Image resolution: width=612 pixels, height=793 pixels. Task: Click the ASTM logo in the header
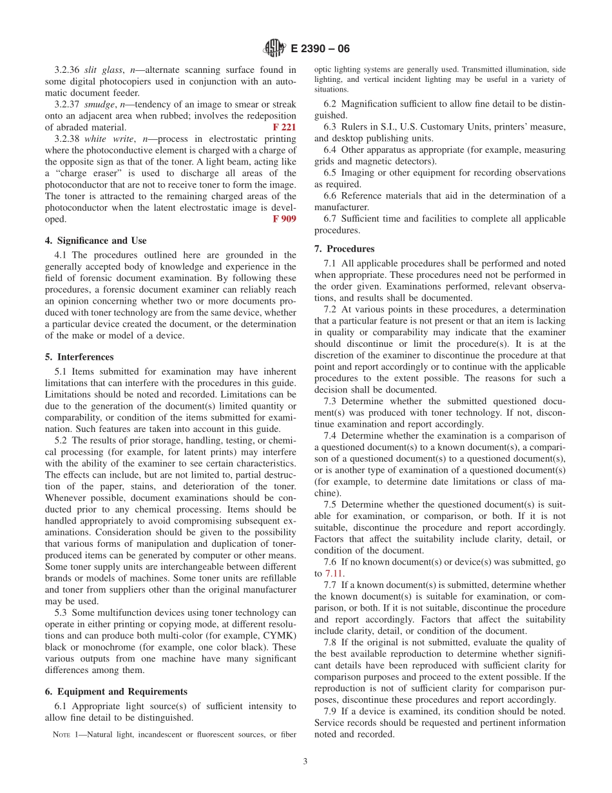[x=275, y=49]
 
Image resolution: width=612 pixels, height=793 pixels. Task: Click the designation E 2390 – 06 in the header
[x=320, y=49]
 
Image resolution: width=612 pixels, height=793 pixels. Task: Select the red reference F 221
[x=284, y=128]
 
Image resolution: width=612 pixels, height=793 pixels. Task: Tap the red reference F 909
[x=284, y=219]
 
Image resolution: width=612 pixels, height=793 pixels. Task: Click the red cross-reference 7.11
[x=334, y=573]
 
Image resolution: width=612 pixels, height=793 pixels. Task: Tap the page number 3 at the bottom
[x=305, y=761]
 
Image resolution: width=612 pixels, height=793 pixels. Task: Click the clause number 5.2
[x=62, y=440]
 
